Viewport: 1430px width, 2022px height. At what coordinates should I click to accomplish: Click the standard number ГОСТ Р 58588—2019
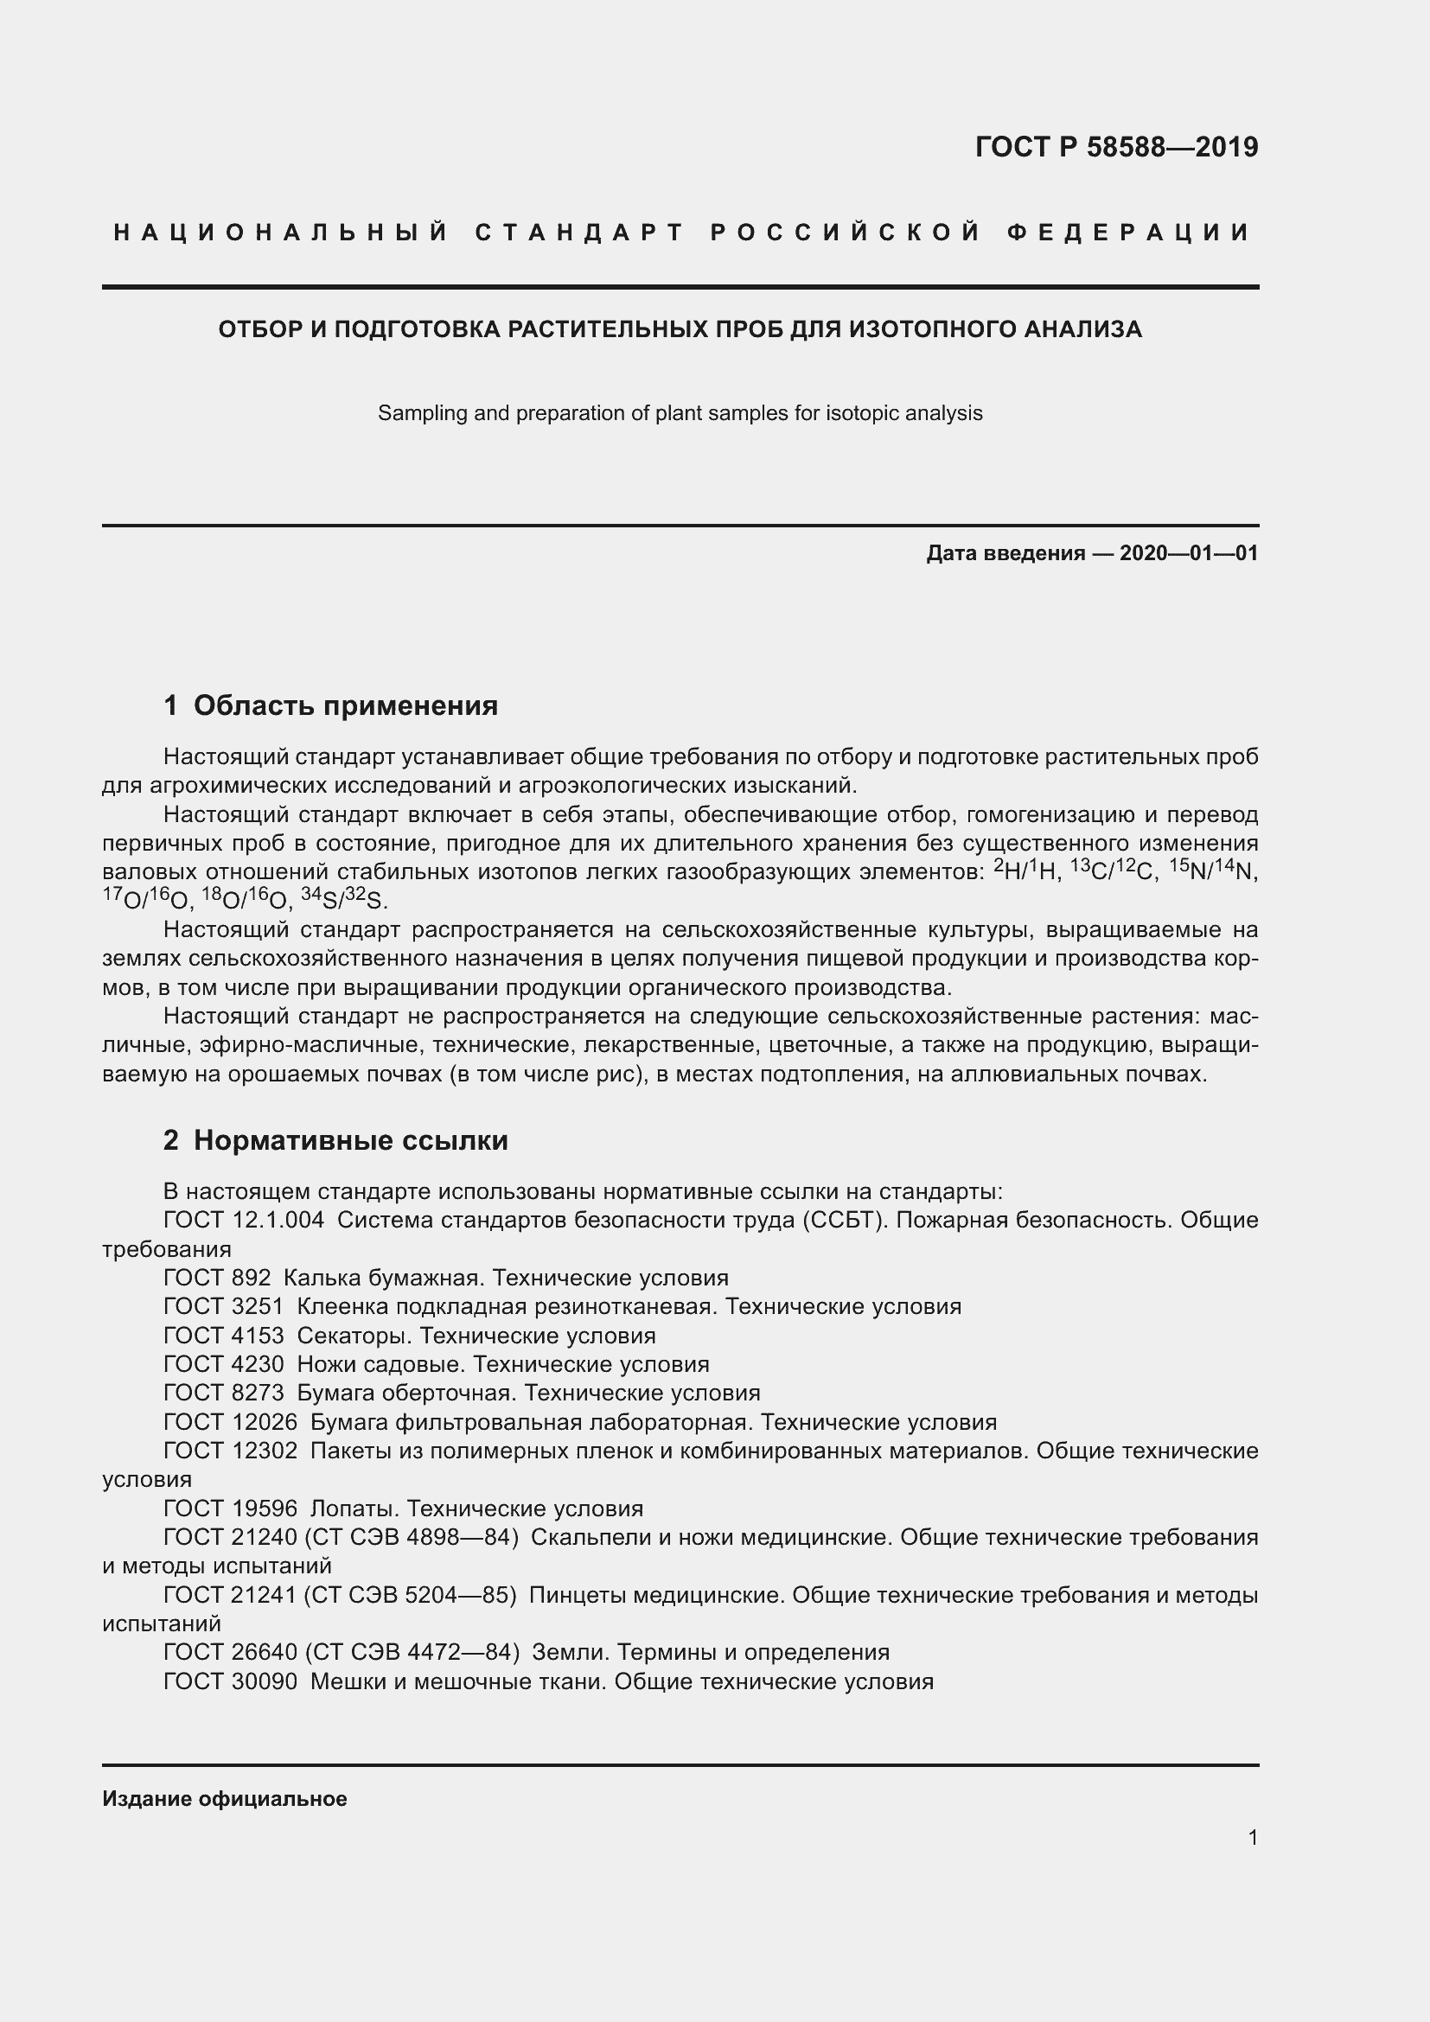[x=1115, y=147]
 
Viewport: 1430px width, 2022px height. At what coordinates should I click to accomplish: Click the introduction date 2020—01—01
[x=1189, y=553]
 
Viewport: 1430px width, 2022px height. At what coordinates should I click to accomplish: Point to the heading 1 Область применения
[x=331, y=705]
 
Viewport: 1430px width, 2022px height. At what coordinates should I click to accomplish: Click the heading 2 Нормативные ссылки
[x=335, y=1140]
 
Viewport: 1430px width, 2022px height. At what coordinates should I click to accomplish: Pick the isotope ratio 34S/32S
[x=344, y=900]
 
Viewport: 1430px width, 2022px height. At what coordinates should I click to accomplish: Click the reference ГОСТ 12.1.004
[x=244, y=1220]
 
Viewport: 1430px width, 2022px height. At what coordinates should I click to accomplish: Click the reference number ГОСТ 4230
[x=224, y=1364]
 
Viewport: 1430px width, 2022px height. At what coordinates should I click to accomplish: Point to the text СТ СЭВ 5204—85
[x=410, y=1595]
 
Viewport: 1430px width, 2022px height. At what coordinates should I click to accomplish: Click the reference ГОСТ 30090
[x=231, y=1681]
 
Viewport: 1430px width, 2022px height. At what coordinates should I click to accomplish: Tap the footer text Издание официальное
[x=225, y=1799]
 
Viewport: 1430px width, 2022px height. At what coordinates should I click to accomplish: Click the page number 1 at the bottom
[x=1252, y=1838]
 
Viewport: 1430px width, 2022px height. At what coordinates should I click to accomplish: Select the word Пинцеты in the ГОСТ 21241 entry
[x=577, y=1595]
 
